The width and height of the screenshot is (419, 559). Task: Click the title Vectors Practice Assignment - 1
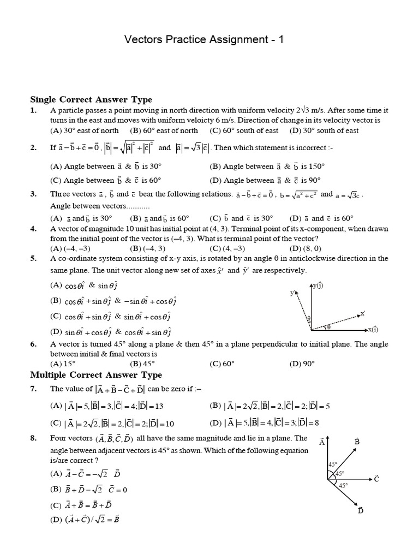pyautogui.click(x=204, y=40)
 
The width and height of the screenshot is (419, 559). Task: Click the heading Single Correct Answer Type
pyautogui.click(x=91, y=99)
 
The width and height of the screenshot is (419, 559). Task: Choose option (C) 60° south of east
pyautogui.click(x=244, y=130)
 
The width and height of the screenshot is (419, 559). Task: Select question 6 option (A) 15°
pyautogui.click(x=65, y=364)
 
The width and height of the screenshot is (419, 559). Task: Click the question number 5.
pyautogui.click(x=33, y=258)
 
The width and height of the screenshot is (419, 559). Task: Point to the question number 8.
pyautogui.click(x=33, y=438)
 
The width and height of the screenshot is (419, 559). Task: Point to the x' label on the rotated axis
pyautogui.click(x=362, y=313)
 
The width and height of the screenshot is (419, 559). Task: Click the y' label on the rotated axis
pyautogui.click(x=293, y=293)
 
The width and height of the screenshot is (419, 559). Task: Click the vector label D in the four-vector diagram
pyautogui.click(x=361, y=510)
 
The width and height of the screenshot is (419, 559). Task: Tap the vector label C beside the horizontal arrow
pyautogui.click(x=376, y=478)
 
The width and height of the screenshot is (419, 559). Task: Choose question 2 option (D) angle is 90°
pyautogui.click(x=265, y=181)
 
